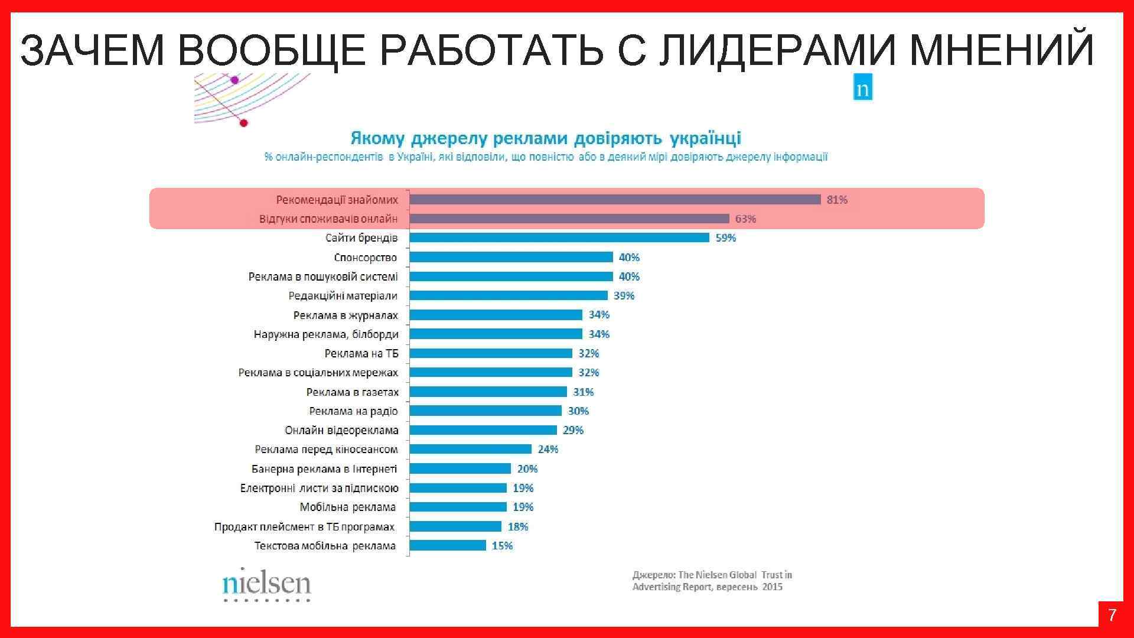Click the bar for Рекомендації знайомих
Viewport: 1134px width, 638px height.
614,200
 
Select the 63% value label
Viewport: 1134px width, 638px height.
745,219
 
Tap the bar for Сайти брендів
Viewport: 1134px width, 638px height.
559,238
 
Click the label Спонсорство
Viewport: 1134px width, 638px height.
365,258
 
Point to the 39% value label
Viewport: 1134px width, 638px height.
624,296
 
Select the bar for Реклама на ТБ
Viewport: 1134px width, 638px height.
490,353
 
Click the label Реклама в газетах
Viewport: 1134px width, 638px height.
352,392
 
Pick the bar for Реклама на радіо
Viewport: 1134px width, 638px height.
485,411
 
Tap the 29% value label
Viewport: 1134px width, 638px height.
573,431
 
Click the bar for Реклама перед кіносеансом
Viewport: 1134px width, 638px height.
470,450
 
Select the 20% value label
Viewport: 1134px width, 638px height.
527,469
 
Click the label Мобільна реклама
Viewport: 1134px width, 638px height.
347,507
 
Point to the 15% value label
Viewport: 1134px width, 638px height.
502,546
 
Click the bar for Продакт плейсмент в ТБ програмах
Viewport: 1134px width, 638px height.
455,526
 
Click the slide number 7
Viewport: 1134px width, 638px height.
1112,616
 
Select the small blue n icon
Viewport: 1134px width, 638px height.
862,87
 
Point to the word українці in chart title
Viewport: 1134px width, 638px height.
705,139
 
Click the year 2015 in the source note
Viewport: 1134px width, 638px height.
772,587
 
